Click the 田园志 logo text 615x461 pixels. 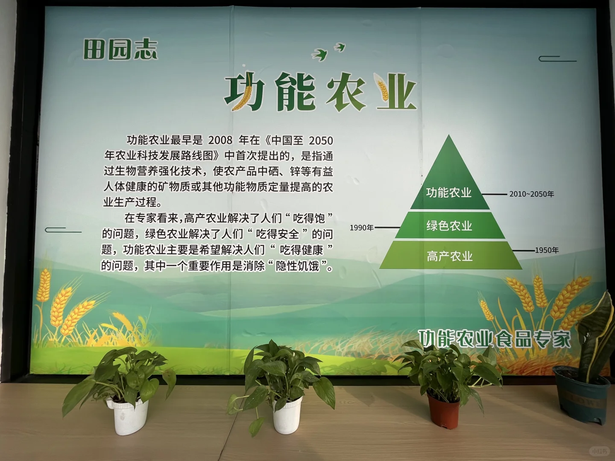[x=120, y=50]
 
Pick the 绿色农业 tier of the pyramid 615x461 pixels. [x=449, y=225]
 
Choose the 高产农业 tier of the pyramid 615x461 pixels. [x=450, y=256]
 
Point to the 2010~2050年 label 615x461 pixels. [x=531, y=194]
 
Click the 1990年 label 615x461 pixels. [x=361, y=228]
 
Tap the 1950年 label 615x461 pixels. [x=547, y=251]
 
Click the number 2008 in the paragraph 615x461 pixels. [x=220, y=140]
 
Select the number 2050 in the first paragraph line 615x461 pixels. [x=320, y=140]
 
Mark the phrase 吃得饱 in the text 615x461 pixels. [x=309, y=218]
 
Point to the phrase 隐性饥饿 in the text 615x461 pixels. [x=298, y=266]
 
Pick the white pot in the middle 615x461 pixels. [x=287, y=414]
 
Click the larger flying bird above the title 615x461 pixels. [x=320, y=54]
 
